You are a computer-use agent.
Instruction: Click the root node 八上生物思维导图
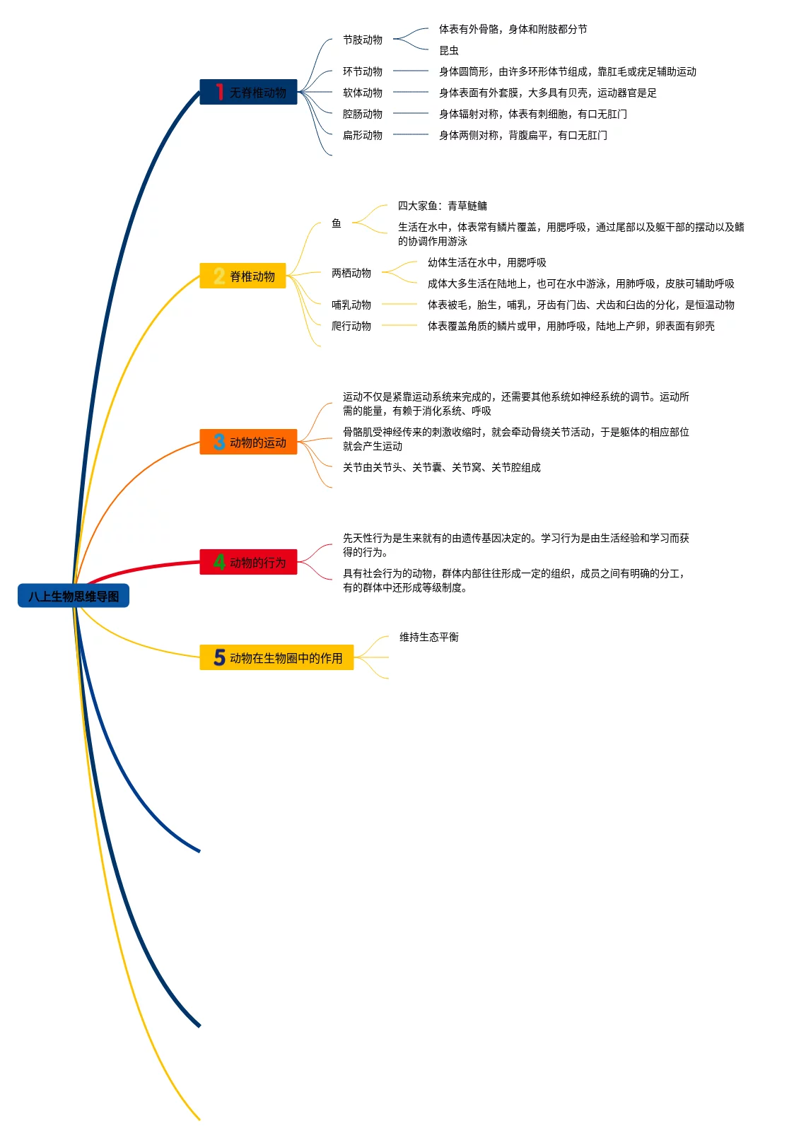[74, 596]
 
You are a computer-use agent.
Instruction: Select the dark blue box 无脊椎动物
[248, 92]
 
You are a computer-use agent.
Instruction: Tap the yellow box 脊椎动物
[243, 276]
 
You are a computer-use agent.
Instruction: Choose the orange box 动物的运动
[248, 442]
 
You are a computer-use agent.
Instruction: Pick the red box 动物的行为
[248, 562]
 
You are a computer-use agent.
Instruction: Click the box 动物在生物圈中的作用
[276, 657]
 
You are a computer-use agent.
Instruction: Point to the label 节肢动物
[363, 40]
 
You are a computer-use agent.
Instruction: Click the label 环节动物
[363, 71]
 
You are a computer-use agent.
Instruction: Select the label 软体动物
[363, 93]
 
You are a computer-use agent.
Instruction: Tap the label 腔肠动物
[363, 114]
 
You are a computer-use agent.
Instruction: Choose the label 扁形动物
[363, 135]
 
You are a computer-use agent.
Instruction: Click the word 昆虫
[449, 50]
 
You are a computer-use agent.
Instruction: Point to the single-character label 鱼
[337, 223]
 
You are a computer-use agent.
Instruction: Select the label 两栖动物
[351, 273]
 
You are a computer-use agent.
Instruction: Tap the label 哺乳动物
[351, 305]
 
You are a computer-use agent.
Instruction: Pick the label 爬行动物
[351, 326]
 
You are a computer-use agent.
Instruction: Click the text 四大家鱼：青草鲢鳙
[443, 206]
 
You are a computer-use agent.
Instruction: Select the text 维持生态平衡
[429, 637]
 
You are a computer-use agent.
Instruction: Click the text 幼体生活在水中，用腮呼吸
[487, 262]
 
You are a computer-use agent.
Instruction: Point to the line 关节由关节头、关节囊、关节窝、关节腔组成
[442, 467]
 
